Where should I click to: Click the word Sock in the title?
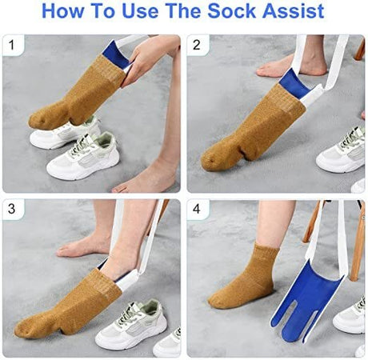(x=232, y=11)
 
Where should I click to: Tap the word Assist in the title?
(x=293, y=11)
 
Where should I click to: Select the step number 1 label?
(x=11, y=45)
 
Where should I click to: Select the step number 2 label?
(x=196, y=45)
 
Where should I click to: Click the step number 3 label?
(x=11, y=209)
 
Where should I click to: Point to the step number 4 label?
(x=196, y=209)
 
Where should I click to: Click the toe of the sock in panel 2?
(x=210, y=160)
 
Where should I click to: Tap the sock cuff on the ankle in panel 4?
(x=266, y=254)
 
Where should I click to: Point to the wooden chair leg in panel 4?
(x=358, y=240)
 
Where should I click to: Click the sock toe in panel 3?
(x=24, y=328)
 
